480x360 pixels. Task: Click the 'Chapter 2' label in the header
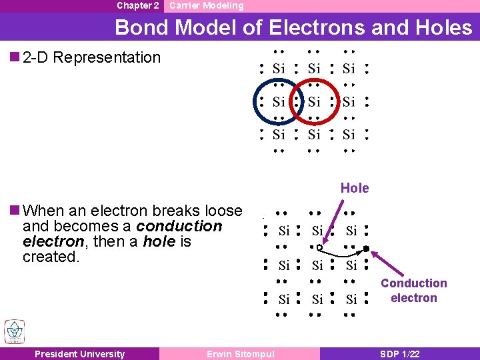137,5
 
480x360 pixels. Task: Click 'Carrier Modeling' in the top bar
206,5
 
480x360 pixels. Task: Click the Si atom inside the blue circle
279,102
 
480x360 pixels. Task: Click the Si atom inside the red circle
314,102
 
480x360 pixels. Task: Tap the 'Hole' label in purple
355,188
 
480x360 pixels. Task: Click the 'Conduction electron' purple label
413,291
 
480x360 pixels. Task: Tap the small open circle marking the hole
319,247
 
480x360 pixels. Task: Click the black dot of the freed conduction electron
366,249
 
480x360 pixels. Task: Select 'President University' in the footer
79,354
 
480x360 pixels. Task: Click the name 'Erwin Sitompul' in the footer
240,354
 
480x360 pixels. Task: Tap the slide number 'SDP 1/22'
400,354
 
